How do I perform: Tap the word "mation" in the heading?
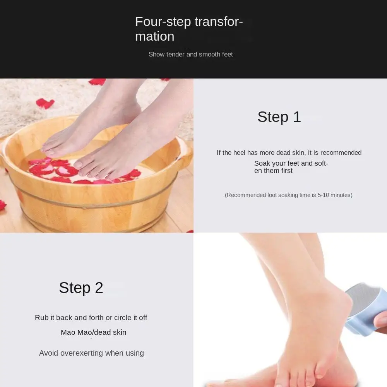coord(155,36)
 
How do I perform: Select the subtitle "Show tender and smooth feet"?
coord(190,54)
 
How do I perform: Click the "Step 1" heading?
coord(279,117)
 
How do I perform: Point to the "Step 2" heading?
coord(81,288)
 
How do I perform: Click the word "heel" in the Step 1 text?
coord(239,152)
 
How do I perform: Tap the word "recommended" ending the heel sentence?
coord(341,152)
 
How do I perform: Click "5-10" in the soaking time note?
coord(323,195)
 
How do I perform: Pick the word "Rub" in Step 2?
coord(42,317)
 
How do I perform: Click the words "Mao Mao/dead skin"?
coord(94,332)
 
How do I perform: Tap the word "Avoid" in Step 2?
coord(49,353)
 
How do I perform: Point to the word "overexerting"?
coord(81,353)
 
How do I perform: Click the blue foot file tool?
coord(365,308)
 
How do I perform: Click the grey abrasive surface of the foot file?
coord(361,294)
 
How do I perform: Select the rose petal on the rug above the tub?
coord(45,103)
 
